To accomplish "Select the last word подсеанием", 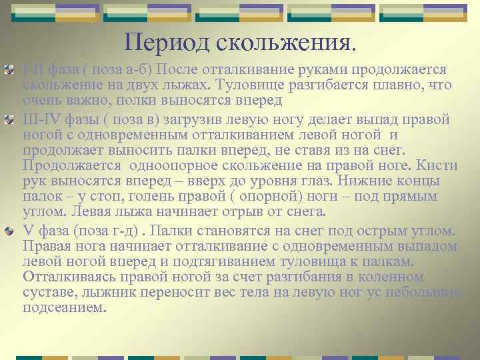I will click(64, 308).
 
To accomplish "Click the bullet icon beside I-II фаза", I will click(9, 70).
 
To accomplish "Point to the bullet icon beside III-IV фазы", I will click(9, 120).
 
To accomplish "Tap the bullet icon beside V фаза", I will click(9, 230).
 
